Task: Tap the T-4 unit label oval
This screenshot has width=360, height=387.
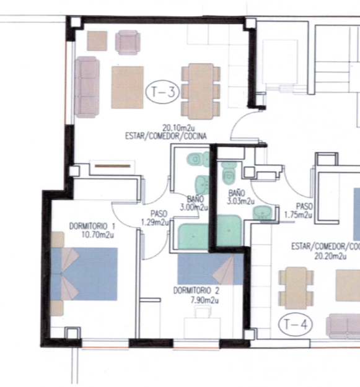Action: pyautogui.click(x=296, y=324)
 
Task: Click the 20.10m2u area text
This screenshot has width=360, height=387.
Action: pyautogui.click(x=178, y=128)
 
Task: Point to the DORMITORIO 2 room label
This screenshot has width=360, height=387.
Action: pyautogui.click(x=196, y=290)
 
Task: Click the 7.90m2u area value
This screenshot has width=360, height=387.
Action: pyautogui.click(x=204, y=300)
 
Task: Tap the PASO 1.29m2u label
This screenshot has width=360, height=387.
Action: pyautogui.click(x=156, y=218)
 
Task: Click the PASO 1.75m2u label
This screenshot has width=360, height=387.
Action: pyautogui.click(x=299, y=211)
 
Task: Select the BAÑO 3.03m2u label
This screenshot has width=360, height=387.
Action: pyautogui.click(x=240, y=197)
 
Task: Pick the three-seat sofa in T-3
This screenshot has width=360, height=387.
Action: pyautogui.click(x=87, y=87)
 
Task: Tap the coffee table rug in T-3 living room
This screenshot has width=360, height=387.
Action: pyautogui.click(x=128, y=87)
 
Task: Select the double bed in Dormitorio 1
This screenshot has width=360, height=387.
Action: pyautogui.click(x=84, y=274)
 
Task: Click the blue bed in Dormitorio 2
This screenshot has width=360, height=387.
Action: pyautogui.click(x=211, y=269)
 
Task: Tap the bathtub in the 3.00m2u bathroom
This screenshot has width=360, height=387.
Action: pyautogui.click(x=194, y=237)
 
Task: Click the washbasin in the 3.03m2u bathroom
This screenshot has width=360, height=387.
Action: pyautogui.click(x=263, y=213)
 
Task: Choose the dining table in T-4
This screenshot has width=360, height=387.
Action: pyautogui.click(x=296, y=289)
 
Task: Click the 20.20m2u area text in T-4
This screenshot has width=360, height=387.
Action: pyautogui.click(x=330, y=256)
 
